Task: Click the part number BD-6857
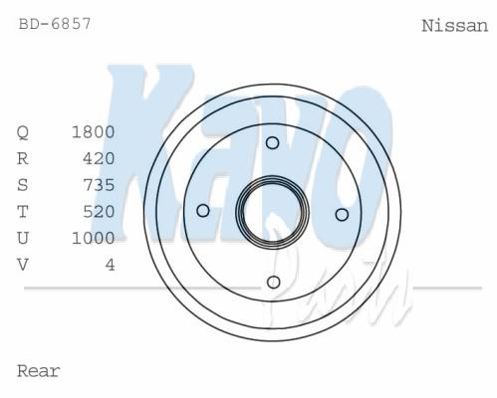(55, 24)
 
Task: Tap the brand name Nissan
(455, 26)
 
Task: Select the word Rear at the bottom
(39, 371)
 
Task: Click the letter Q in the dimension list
(23, 132)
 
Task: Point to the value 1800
(94, 132)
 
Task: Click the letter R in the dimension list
(23, 158)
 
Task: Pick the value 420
(99, 158)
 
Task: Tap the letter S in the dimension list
(23, 185)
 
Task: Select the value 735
(99, 185)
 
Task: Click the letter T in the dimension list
(23, 212)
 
